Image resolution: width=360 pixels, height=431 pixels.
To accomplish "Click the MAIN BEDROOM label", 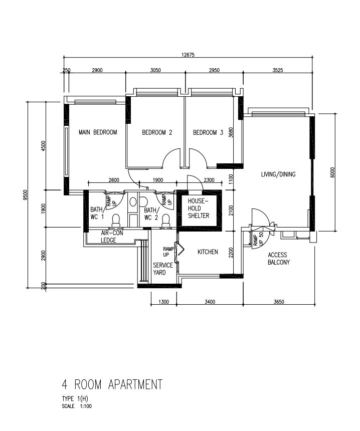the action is pos(98,132).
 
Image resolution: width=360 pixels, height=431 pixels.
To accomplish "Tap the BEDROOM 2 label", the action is pos(157,132).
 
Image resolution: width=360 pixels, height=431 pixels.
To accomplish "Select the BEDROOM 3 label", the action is pos(208,132).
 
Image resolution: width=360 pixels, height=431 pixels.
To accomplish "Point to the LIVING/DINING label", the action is pos(278,174).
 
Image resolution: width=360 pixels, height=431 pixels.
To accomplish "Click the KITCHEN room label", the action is pos(208,252).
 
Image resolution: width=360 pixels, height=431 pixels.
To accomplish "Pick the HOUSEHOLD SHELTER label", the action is pos(199,208).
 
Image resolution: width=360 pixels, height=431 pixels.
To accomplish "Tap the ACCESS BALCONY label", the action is pos(279,259).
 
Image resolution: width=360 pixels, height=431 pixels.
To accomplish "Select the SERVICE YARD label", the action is pos(163,269).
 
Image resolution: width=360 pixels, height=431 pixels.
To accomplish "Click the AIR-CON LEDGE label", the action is pos(108,237).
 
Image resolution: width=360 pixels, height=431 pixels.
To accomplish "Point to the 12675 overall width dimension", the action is pos(188,55).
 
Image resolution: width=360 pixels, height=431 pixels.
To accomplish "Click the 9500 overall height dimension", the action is pos(25,195).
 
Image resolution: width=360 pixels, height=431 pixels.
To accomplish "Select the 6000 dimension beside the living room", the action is pos(333,172).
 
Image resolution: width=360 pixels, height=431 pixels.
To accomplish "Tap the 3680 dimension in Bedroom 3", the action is pos(231,132).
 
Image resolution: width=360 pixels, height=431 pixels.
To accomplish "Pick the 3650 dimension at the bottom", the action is pos(279,302).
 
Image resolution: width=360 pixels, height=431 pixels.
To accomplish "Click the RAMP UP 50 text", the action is pos(258,239).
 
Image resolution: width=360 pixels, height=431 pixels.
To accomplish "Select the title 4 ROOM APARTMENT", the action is pos(112,384).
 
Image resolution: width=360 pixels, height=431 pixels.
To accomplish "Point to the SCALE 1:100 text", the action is pos(77,406).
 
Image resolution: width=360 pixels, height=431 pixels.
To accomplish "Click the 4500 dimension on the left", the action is pos(43,146).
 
